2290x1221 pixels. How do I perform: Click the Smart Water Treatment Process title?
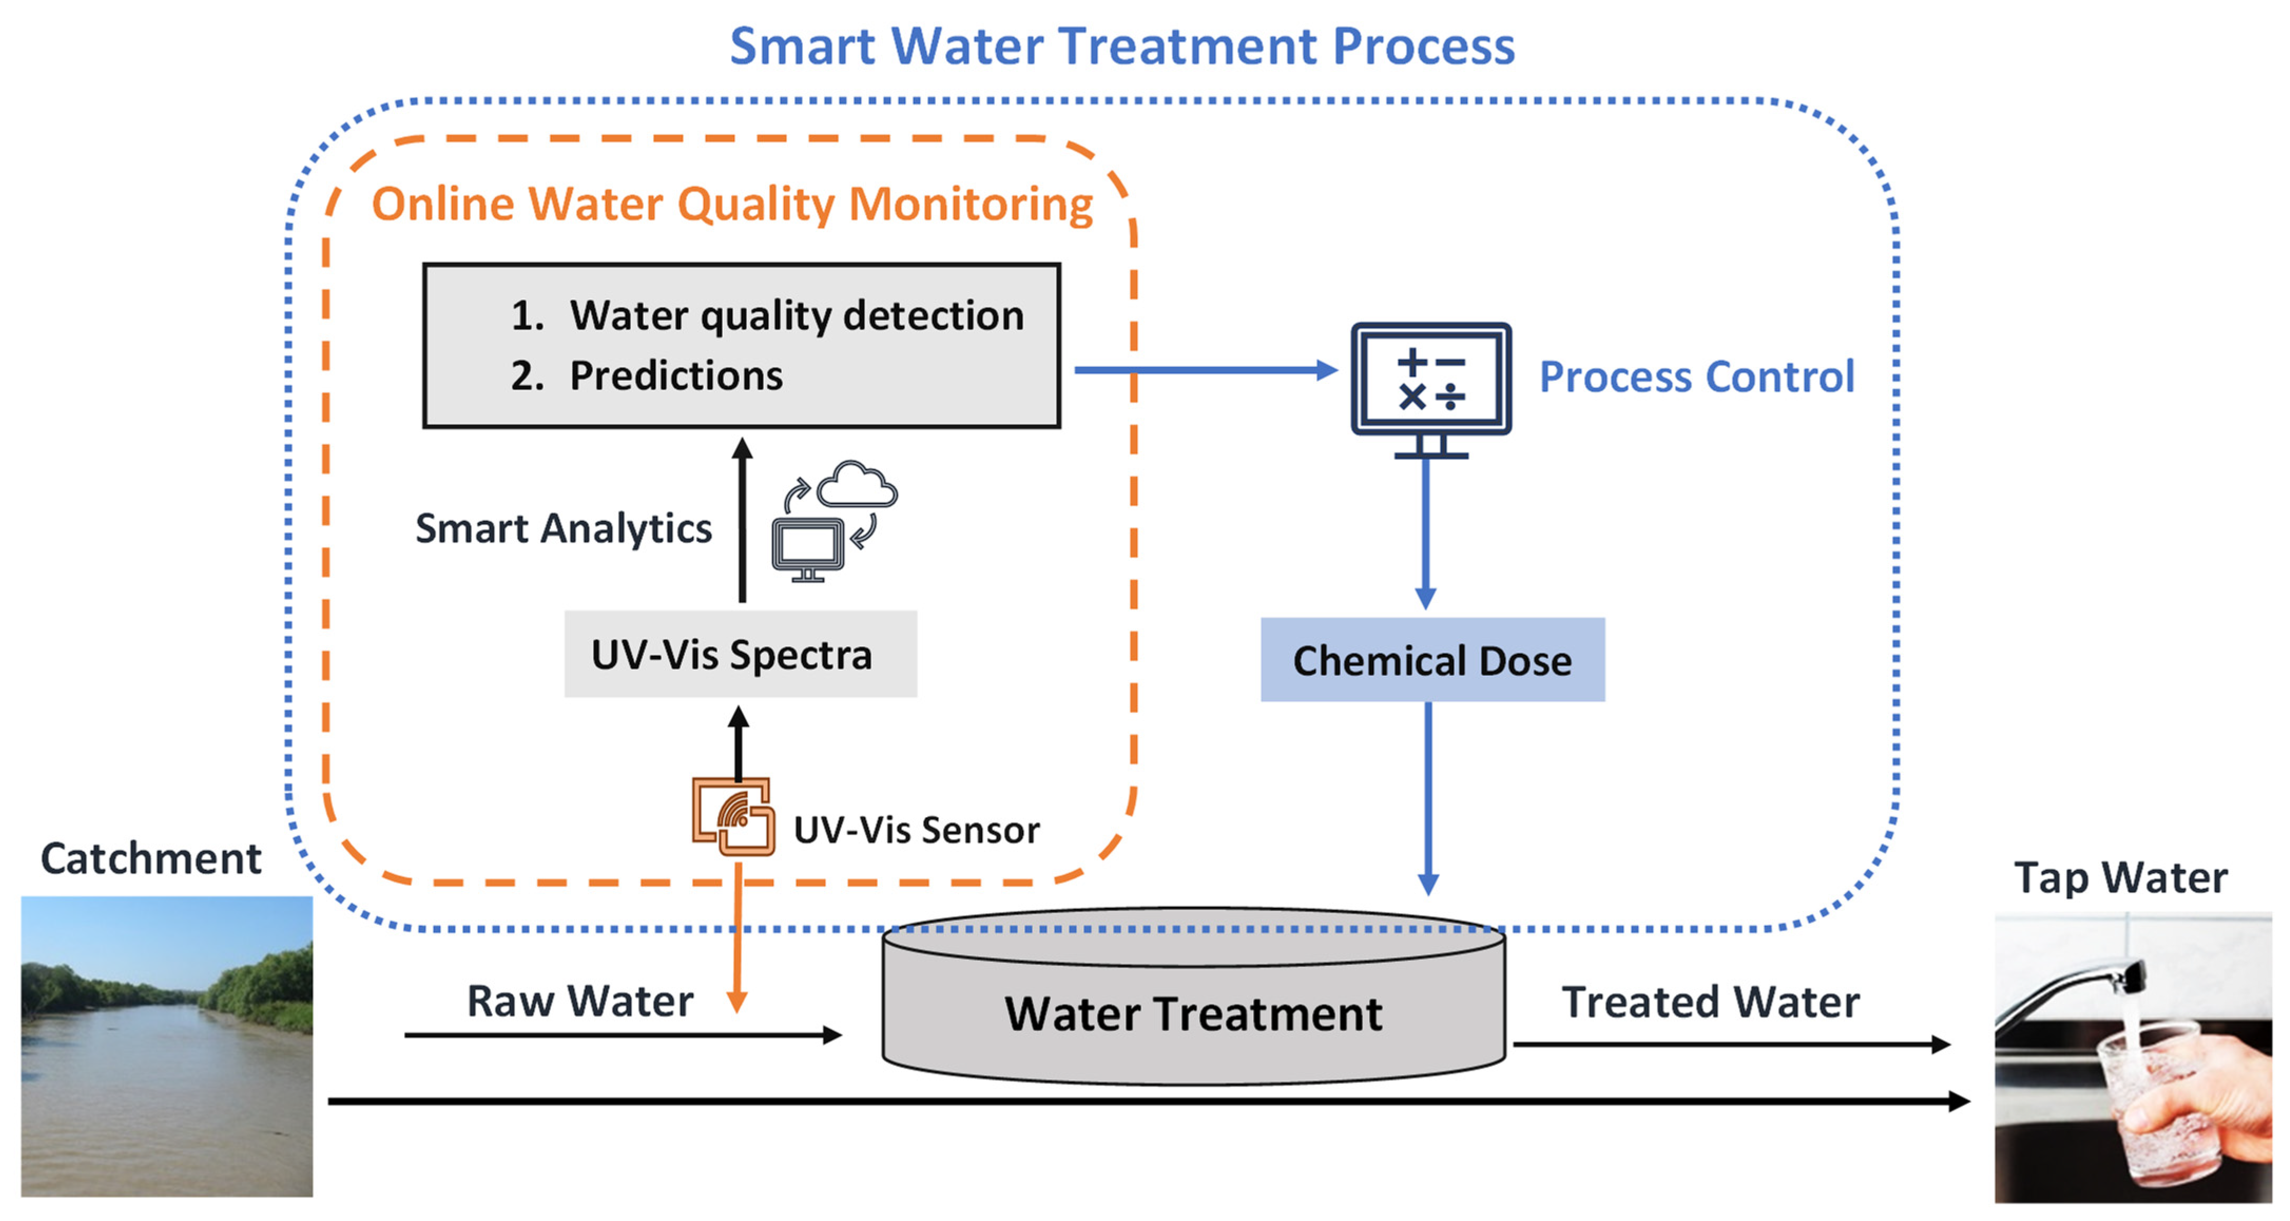pyautogui.click(x=1122, y=46)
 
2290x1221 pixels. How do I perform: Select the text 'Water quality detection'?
pyautogui.click(x=797, y=316)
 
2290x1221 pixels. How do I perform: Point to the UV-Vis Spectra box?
pyautogui.click(x=741, y=654)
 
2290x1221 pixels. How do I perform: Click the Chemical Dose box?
pyautogui.click(x=1432, y=660)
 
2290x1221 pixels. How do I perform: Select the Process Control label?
pyautogui.click(x=1697, y=376)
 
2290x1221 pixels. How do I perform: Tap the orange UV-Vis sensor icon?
pyautogui.click(x=733, y=816)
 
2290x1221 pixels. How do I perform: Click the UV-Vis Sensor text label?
pyautogui.click(x=917, y=830)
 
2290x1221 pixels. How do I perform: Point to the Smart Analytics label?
pyautogui.click(x=564, y=528)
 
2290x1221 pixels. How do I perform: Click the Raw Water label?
pyautogui.click(x=579, y=1001)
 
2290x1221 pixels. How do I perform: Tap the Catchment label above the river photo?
pyautogui.click(x=151, y=859)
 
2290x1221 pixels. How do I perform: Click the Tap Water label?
pyautogui.click(x=2120, y=878)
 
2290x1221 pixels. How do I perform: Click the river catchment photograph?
pyautogui.click(x=167, y=1046)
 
